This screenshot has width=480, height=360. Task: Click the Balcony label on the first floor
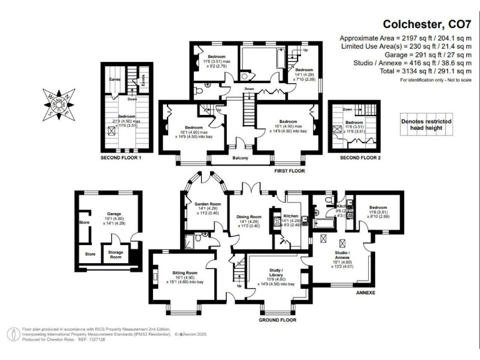pos(241,158)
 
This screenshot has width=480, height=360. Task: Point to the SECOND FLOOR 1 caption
pos(121,159)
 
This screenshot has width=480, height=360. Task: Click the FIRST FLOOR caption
pos(289,169)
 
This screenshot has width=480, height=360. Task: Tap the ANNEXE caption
pos(366,292)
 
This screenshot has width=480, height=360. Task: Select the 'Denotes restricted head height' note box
pos(426,124)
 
